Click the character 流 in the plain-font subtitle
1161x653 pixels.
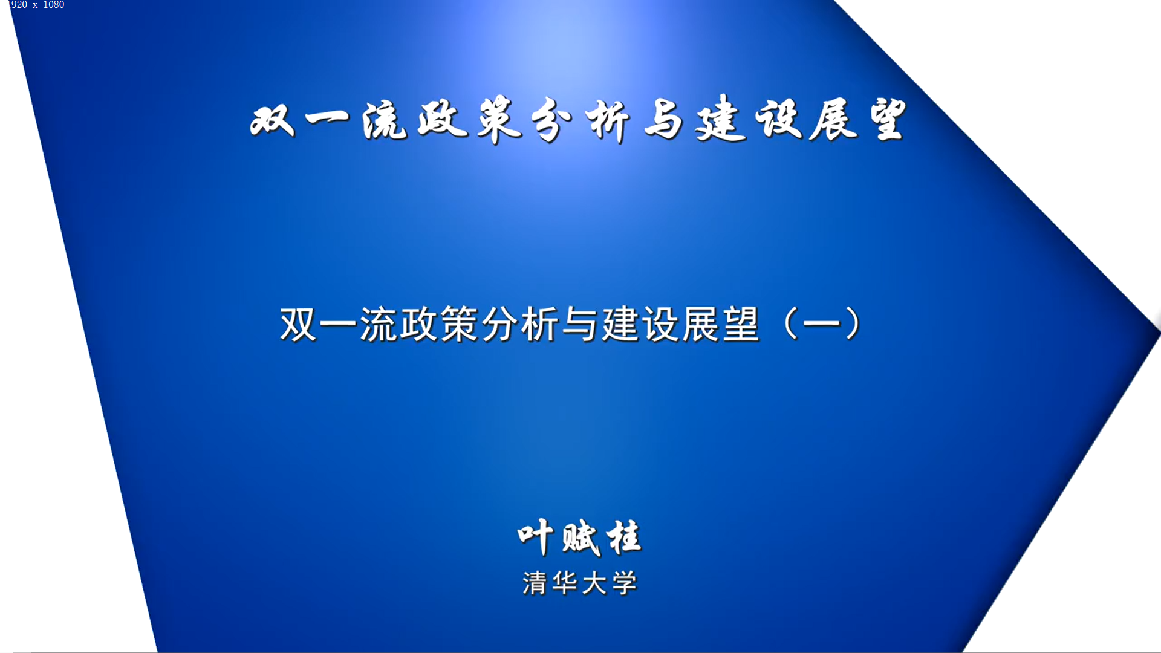(x=379, y=325)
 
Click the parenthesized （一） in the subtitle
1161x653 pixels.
(x=822, y=325)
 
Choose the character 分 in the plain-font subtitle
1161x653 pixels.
(x=500, y=325)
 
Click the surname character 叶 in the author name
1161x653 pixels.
(x=535, y=537)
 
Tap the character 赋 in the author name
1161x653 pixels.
(x=580, y=538)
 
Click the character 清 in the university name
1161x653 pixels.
(x=535, y=583)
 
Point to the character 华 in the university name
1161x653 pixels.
(x=564, y=583)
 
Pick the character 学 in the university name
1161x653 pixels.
(x=625, y=583)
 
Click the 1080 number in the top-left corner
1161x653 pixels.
(x=53, y=5)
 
